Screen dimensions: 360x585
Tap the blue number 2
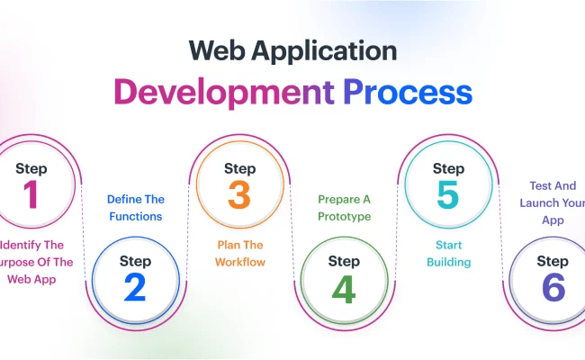pyautogui.click(x=134, y=287)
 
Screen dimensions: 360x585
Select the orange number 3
pyautogui.click(x=239, y=195)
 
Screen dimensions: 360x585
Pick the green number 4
pyautogui.click(x=344, y=287)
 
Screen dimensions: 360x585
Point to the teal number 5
pyautogui.click(x=448, y=195)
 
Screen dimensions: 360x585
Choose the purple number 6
pyautogui.click(x=553, y=287)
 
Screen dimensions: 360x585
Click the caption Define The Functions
pyautogui.click(x=135, y=207)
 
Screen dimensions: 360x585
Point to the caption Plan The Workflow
pyautogui.click(x=239, y=252)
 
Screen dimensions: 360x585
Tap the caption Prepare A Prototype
pyautogui.click(x=344, y=207)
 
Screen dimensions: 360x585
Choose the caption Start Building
pyautogui.click(x=448, y=252)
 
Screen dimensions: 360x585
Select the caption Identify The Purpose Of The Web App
pyautogui.click(x=31, y=262)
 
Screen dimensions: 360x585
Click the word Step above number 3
pyautogui.click(x=239, y=168)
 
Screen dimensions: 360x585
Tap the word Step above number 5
pyautogui.click(x=448, y=168)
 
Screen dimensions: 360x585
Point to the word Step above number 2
pyautogui.click(x=134, y=261)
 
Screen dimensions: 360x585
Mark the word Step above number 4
pyautogui.click(x=344, y=261)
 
